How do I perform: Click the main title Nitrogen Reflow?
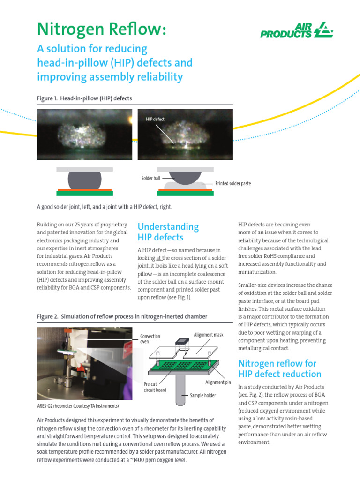point(101,29)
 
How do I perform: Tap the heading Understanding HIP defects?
point(168,232)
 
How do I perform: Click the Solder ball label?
point(150,178)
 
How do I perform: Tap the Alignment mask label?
point(209,334)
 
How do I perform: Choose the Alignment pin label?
point(218,382)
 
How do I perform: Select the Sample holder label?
point(202,395)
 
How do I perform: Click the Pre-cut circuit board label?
point(155,387)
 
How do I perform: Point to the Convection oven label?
point(150,338)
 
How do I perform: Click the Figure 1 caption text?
point(84,98)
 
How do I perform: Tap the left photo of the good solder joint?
point(84,135)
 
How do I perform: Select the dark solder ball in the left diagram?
point(84,180)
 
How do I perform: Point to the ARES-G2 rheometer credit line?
point(78,405)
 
